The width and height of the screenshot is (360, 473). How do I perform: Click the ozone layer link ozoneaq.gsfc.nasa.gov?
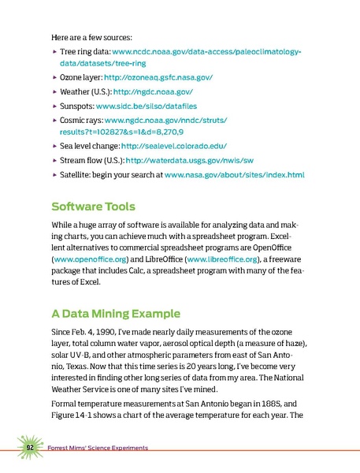tap(163, 80)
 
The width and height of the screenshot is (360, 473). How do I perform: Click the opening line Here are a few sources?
tap(91, 37)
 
